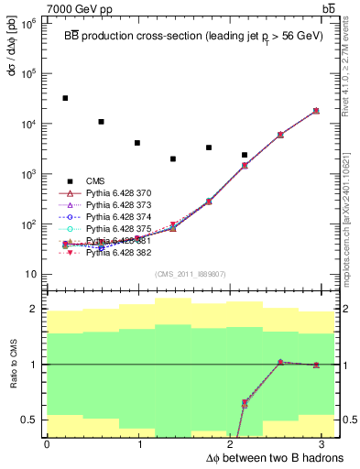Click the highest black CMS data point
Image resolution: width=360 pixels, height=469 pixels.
[65, 98]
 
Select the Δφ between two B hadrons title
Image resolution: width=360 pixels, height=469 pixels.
[261, 457]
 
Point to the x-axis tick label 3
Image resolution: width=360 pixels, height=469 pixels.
[327, 444]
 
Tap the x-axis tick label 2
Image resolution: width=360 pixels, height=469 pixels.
[234, 444]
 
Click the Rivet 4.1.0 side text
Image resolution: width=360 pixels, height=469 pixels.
[351, 69]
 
